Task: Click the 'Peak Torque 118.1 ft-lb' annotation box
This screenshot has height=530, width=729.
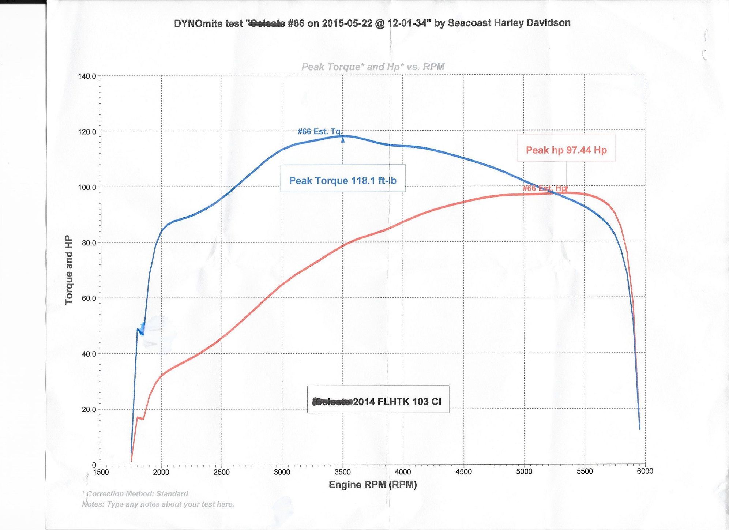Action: (x=343, y=180)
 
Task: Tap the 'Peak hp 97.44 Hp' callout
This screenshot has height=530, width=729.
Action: (x=566, y=150)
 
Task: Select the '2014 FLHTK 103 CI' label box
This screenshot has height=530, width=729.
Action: (x=378, y=401)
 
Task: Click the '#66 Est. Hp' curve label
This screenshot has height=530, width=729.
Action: (x=545, y=188)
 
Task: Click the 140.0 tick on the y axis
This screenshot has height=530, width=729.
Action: (x=87, y=76)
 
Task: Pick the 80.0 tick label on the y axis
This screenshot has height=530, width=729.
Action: (x=88, y=243)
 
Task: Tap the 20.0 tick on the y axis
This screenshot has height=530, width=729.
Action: (x=88, y=409)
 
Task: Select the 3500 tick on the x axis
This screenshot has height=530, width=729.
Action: (x=342, y=471)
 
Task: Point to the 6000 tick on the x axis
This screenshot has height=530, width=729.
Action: (x=645, y=471)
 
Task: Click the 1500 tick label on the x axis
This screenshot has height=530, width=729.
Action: (x=101, y=472)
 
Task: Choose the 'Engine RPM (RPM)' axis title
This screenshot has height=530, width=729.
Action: (x=373, y=485)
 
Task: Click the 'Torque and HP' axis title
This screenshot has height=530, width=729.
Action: (x=69, y=270)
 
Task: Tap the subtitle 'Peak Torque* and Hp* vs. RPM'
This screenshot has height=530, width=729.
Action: (x=373, y=67)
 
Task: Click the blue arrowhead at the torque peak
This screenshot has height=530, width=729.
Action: (x=343, y=139)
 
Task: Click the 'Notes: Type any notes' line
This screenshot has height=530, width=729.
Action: (x=158, y=504)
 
